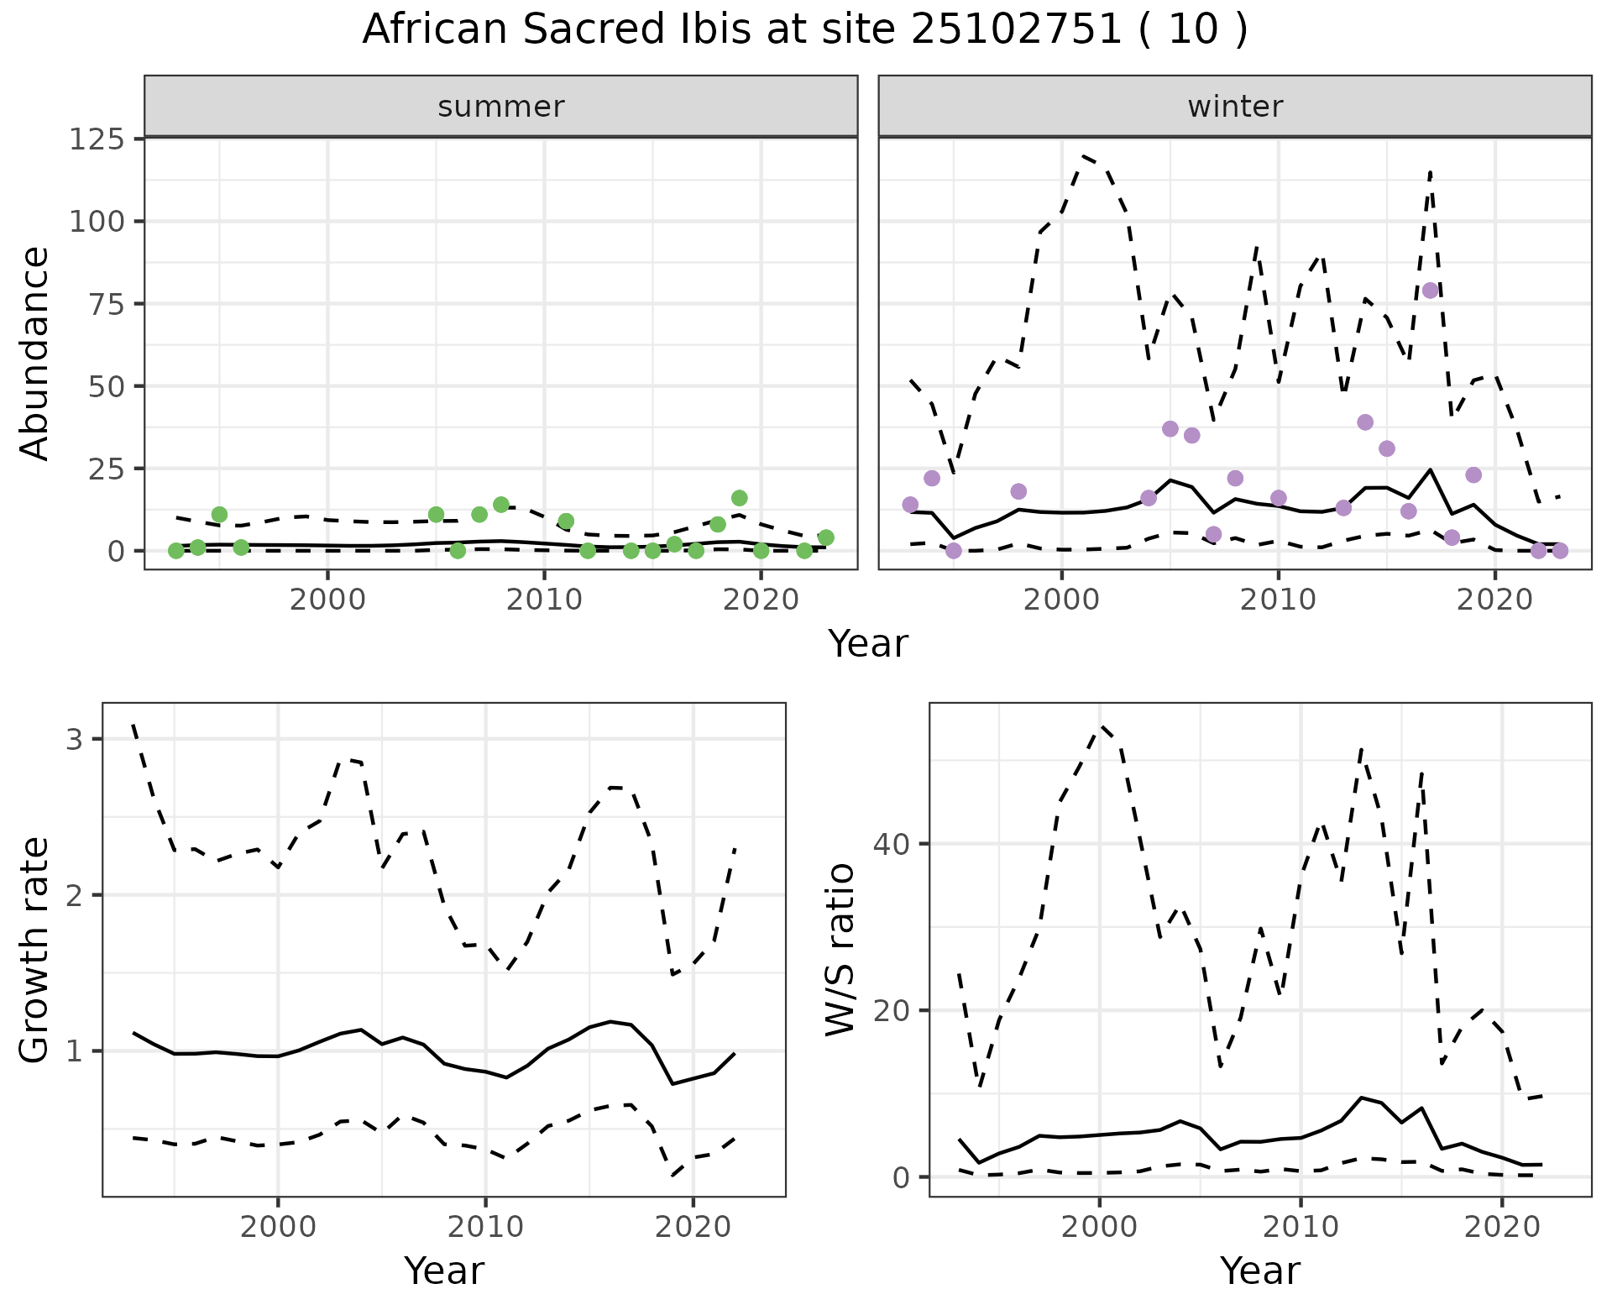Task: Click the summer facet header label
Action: [x=501, y=107]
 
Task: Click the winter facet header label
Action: [x=1235, y=107]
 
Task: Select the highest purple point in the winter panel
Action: [x=1431, y=291]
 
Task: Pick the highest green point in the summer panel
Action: [x=739, y=498]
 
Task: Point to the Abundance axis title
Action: [x=35, y=353]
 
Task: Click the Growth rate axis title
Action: [x=35, y=951]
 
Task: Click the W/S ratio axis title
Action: [x=840, y=949]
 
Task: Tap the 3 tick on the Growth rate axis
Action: [x=74, y=740]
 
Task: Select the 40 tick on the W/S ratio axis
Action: [x=892, y=844]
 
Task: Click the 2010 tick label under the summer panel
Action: [x=544, y=600]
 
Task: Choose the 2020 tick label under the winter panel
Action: [x=1494, y=600]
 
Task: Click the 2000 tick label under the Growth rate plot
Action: [x=278, y=1227]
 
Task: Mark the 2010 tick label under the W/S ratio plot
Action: [x=1300, y=1227]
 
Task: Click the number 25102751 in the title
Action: [x=1016, y=30]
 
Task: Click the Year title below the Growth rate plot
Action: [x=444, y=1271]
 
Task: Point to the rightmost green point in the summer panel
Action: [x=825, y=537]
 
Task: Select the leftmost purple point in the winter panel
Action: [x=910, y=505]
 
